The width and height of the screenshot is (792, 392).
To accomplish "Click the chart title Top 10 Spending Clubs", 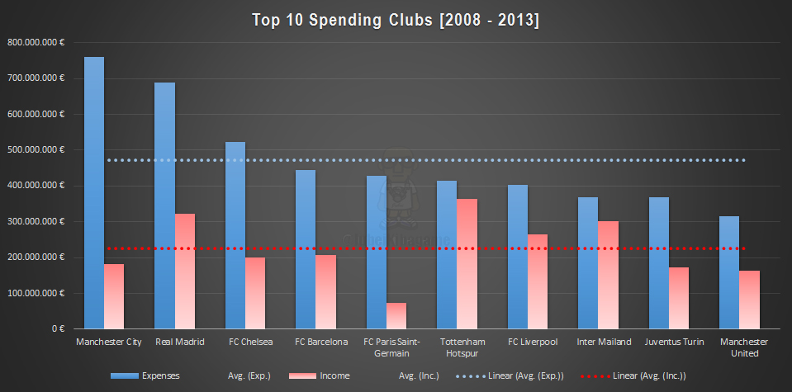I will [396, 20].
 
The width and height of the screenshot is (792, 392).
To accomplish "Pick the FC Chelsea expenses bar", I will [235, 235].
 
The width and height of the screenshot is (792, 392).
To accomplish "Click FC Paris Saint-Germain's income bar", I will [396, 315].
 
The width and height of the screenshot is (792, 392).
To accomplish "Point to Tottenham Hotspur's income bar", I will [467, 263].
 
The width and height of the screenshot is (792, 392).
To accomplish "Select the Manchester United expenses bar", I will [729, 272].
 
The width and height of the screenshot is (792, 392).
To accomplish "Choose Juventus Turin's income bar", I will [678, 297].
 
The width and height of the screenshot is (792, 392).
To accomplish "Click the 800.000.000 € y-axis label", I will [36, 42].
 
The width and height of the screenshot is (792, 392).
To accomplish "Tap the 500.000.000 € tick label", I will [36, 150].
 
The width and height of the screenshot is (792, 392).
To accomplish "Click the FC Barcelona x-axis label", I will [321, 342].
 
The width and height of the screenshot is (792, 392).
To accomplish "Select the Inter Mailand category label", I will [604, 342].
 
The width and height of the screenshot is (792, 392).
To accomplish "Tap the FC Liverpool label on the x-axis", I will [533, 342].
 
